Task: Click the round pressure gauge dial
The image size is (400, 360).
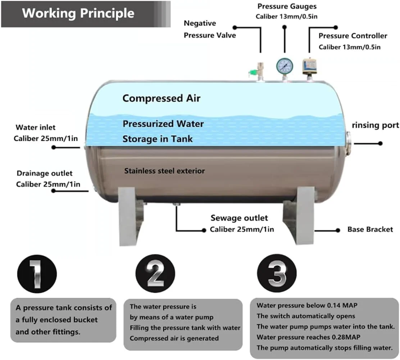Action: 284,65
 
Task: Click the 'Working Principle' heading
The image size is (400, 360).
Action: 78,13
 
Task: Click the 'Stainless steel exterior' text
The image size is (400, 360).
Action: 164,170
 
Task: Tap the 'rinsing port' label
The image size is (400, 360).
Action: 375,125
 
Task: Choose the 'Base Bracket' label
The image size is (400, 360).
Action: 370,229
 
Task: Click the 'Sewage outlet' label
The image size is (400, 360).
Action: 239,218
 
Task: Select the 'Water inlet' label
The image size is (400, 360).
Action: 36,127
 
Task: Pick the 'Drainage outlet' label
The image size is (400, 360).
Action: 45,173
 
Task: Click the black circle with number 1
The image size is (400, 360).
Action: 37,275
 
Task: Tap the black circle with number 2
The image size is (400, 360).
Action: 155,275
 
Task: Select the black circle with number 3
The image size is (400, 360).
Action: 277,275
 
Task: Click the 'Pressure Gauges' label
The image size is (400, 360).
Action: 287,6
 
